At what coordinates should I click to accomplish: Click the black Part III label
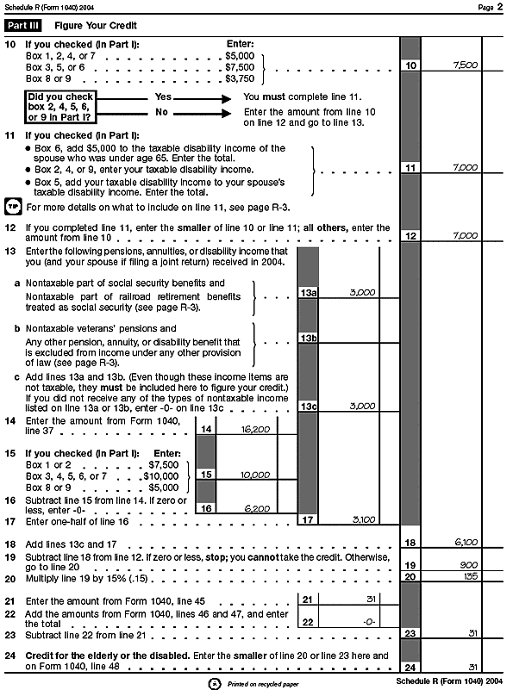click(x=23, y=26)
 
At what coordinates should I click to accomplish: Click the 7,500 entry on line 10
click(x=466, y=65)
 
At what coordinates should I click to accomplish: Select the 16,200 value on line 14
click(x=255, y=430)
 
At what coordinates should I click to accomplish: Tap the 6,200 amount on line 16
click(x=257, y=509)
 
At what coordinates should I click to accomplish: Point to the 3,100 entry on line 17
click(x=364, y=519)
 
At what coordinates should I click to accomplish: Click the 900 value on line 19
click(x=468, y=565)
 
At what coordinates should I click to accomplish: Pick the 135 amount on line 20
click(x=470, y=576)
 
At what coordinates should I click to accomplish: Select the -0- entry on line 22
click(x=369, y=622)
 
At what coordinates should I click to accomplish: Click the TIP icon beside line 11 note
click(x=13, y=207)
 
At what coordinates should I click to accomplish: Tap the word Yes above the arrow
click(x=163, y=96)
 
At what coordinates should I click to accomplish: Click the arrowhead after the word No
click(x=227, y=114)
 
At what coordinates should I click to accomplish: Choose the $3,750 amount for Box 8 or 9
click(x=240, y=78)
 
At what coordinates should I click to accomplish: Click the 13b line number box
click(x=309, y=338)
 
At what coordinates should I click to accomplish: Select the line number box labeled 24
click(x=410, y=667)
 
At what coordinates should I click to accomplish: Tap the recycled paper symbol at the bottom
click(x=214, y=684)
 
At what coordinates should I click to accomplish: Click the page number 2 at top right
click(x=500, y=7)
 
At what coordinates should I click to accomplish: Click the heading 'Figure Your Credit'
click(x=96, y=26)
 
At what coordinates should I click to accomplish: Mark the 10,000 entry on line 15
click(x=255, y=476)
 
